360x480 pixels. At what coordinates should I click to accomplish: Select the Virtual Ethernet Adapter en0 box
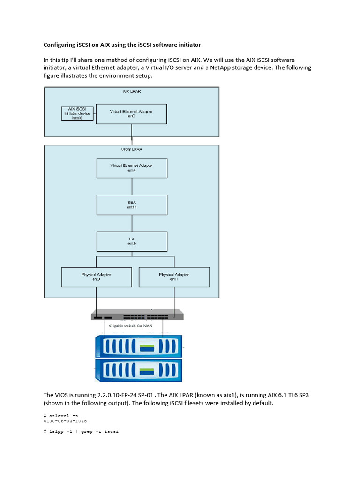(x=131, y=114)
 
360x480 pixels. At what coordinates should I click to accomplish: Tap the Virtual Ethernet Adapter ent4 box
(x=131, y=168)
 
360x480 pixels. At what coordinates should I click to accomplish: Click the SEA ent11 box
(x=131, y=204)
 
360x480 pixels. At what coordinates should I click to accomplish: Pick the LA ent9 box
(x=131, y=241)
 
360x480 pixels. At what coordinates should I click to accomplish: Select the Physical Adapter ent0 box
(x=96, y=277)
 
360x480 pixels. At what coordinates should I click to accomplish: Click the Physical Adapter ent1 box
(x=174, y=277)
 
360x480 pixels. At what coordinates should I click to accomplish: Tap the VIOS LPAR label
(x=131, y=150)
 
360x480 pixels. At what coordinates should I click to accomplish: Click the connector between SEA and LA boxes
(x=131, y=223)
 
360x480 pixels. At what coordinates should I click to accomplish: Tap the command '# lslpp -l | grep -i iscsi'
(x=81, y=431)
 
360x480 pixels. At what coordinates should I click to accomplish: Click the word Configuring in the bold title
(x=59, y=45)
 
